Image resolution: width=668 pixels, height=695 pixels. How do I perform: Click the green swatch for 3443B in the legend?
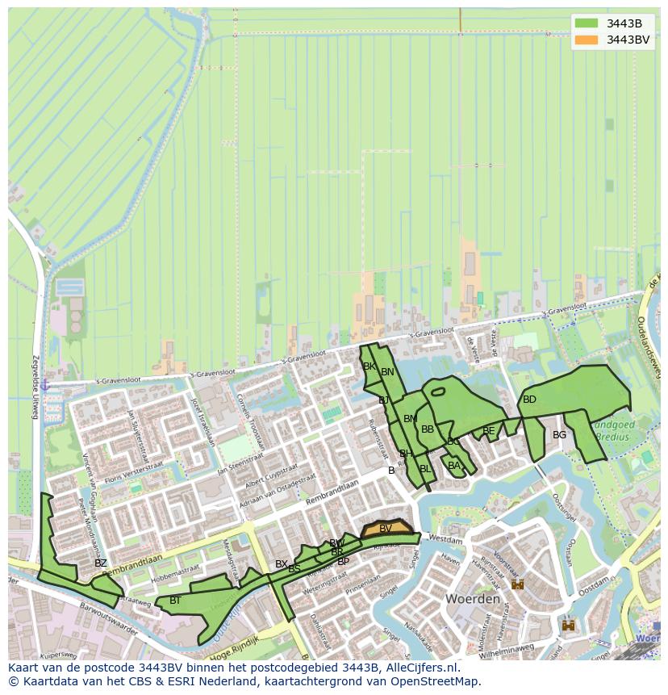pos(587,23)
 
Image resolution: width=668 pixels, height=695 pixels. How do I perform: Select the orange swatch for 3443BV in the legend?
pos(587,40)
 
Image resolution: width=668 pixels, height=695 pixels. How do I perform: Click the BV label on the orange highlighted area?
pos(386,529)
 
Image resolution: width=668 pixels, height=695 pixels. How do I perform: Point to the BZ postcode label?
pos(100,563)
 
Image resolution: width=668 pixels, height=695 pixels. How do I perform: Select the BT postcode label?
pos(175,601)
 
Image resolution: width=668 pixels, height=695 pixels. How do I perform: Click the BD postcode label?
pos(529,400)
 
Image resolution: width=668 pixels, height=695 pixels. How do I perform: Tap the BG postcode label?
pos(559,435)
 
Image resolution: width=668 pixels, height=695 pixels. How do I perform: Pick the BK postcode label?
pos(369,366)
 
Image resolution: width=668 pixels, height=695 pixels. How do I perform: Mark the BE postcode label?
pos(488,431)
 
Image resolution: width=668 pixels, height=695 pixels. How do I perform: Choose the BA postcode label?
pos(454,466)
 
